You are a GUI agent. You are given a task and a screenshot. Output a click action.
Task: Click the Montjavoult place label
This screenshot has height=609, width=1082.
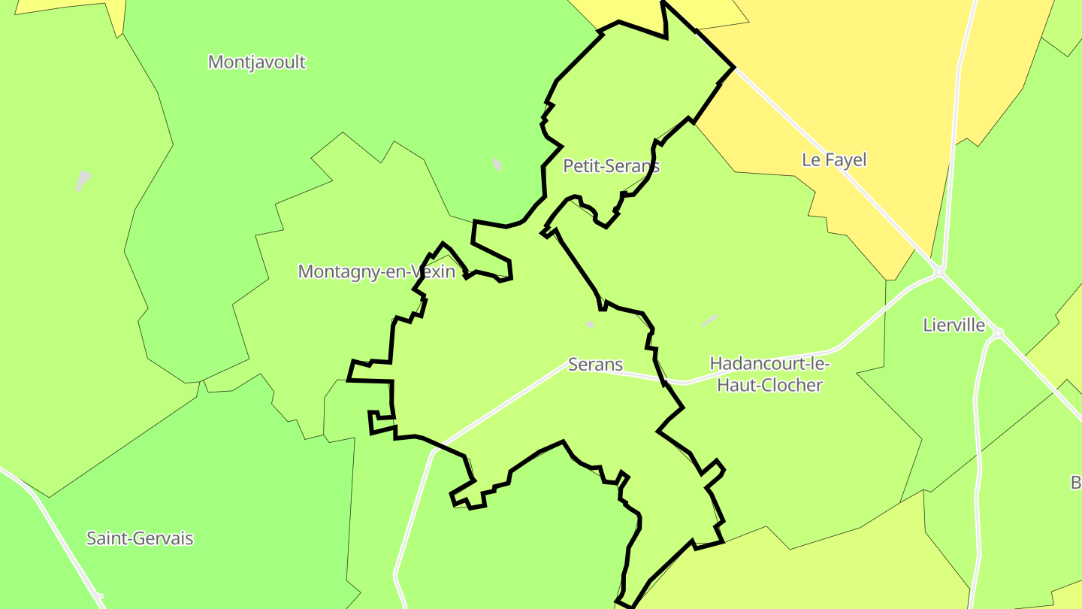[257, 62]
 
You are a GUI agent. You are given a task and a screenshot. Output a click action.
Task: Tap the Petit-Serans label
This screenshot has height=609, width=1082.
[611, 166]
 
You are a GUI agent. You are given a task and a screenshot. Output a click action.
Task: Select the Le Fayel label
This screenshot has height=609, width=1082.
[834, 159]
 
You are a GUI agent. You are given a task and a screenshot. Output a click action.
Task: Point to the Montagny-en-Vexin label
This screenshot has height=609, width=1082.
[376, 271]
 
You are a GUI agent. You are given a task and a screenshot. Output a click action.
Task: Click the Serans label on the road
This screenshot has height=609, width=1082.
[595, 365]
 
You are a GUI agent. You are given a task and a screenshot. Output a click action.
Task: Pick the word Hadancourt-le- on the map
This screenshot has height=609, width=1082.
[769, 365]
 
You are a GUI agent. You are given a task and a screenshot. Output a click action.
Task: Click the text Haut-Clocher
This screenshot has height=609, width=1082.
[769, 386]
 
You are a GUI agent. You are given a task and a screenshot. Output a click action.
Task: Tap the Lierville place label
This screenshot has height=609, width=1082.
[954, 325]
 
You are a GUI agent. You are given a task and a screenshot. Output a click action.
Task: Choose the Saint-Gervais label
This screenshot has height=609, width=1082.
[140, 538]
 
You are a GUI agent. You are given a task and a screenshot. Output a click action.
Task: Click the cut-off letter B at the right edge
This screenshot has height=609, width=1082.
[1076, 483]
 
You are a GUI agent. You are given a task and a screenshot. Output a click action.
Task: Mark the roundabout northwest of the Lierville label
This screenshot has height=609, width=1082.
[939, 271]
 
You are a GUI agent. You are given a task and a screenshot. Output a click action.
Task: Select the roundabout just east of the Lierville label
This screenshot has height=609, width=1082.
[998, 332]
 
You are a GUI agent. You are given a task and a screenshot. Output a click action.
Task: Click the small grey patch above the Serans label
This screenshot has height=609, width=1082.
[590, 325]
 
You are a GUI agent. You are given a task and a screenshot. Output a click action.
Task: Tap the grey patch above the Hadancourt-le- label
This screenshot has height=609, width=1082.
[709, 321]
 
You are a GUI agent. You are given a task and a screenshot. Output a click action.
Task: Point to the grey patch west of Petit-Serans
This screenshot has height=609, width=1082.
[497, 165]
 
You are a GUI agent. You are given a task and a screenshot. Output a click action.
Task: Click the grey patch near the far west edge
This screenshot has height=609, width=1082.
[83, 180]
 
